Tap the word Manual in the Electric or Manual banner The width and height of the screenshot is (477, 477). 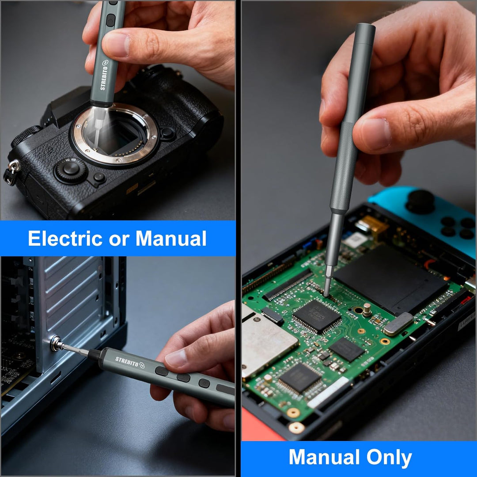click(x=171, y=238)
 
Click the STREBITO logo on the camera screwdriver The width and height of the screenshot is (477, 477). click(x=104, y=75)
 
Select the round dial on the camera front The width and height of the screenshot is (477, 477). click(x=71, y=170)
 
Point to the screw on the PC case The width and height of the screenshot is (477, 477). click(x=56, y=344)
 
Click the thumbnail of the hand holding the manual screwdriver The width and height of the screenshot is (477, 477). click(x=376, y=133)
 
